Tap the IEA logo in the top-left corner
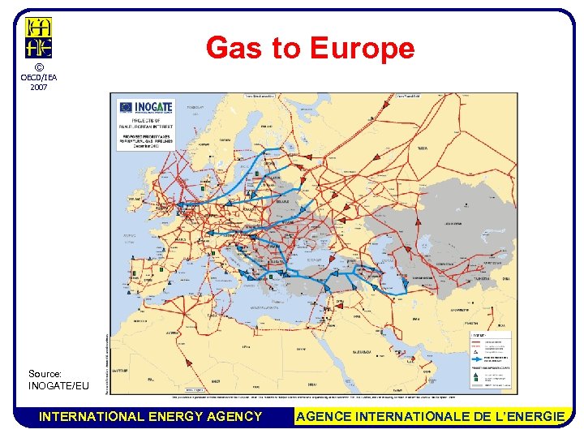click(38, 37)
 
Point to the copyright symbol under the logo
click(38, 67)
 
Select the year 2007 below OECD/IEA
click(38, 87)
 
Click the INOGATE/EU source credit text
click(58, 385)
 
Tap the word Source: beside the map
click(45, 374)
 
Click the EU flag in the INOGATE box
click(125, 106)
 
